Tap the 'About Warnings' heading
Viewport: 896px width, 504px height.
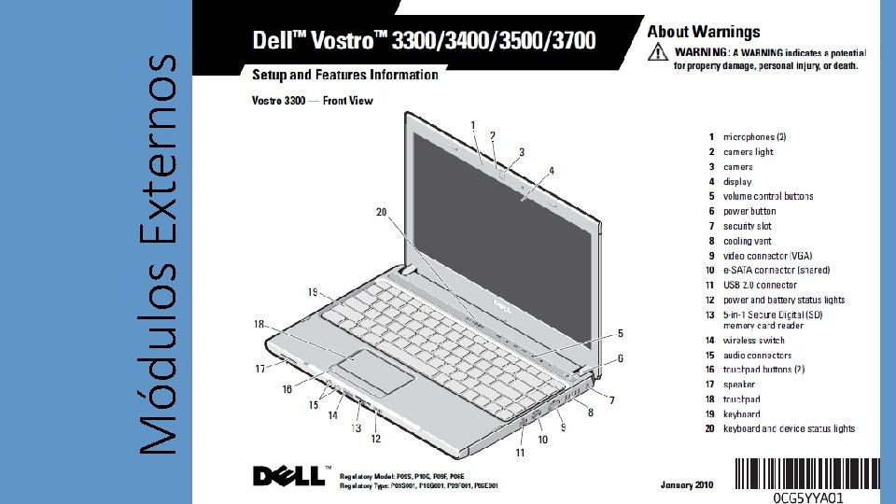pos(704,33)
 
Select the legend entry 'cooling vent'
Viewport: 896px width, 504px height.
pos(747,241)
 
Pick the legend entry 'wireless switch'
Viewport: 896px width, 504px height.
pos(753,341)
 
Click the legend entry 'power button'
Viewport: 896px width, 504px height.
pos(749,212)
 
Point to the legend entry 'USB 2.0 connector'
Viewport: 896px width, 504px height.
pos(760,286)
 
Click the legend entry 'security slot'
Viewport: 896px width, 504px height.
pos(747,227)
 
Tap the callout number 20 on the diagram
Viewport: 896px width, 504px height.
pos(381,212)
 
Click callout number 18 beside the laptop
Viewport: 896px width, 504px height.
pos(258,324)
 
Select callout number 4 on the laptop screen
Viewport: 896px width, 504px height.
pos(552,171)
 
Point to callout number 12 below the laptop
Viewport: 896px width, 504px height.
pos(375,439)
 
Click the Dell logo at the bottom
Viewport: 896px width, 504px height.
pos(289,476)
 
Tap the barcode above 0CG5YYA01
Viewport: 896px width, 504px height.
pos(807,474)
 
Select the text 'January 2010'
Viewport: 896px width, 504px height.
pos(687,485)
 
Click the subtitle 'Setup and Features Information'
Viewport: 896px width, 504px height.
pos(344,75)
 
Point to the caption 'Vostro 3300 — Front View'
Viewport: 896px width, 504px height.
pos(309,100)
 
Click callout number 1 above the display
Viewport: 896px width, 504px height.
pos(473,125)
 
